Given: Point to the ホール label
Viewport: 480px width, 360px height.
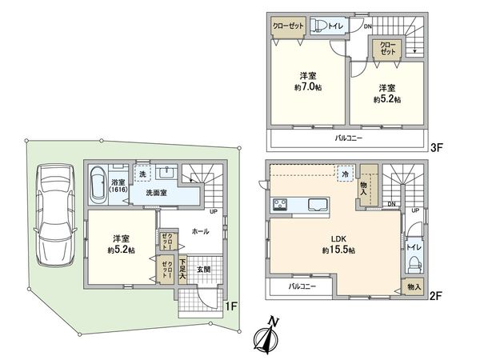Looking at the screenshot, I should pos(200,231).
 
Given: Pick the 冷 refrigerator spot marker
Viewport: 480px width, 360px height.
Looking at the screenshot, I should pos(345,174).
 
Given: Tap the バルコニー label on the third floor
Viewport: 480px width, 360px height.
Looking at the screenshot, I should pos(348,138).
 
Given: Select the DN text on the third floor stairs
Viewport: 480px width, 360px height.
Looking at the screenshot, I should pos(368,26).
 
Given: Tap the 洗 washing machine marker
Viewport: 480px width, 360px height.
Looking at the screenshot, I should pos(142,174).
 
